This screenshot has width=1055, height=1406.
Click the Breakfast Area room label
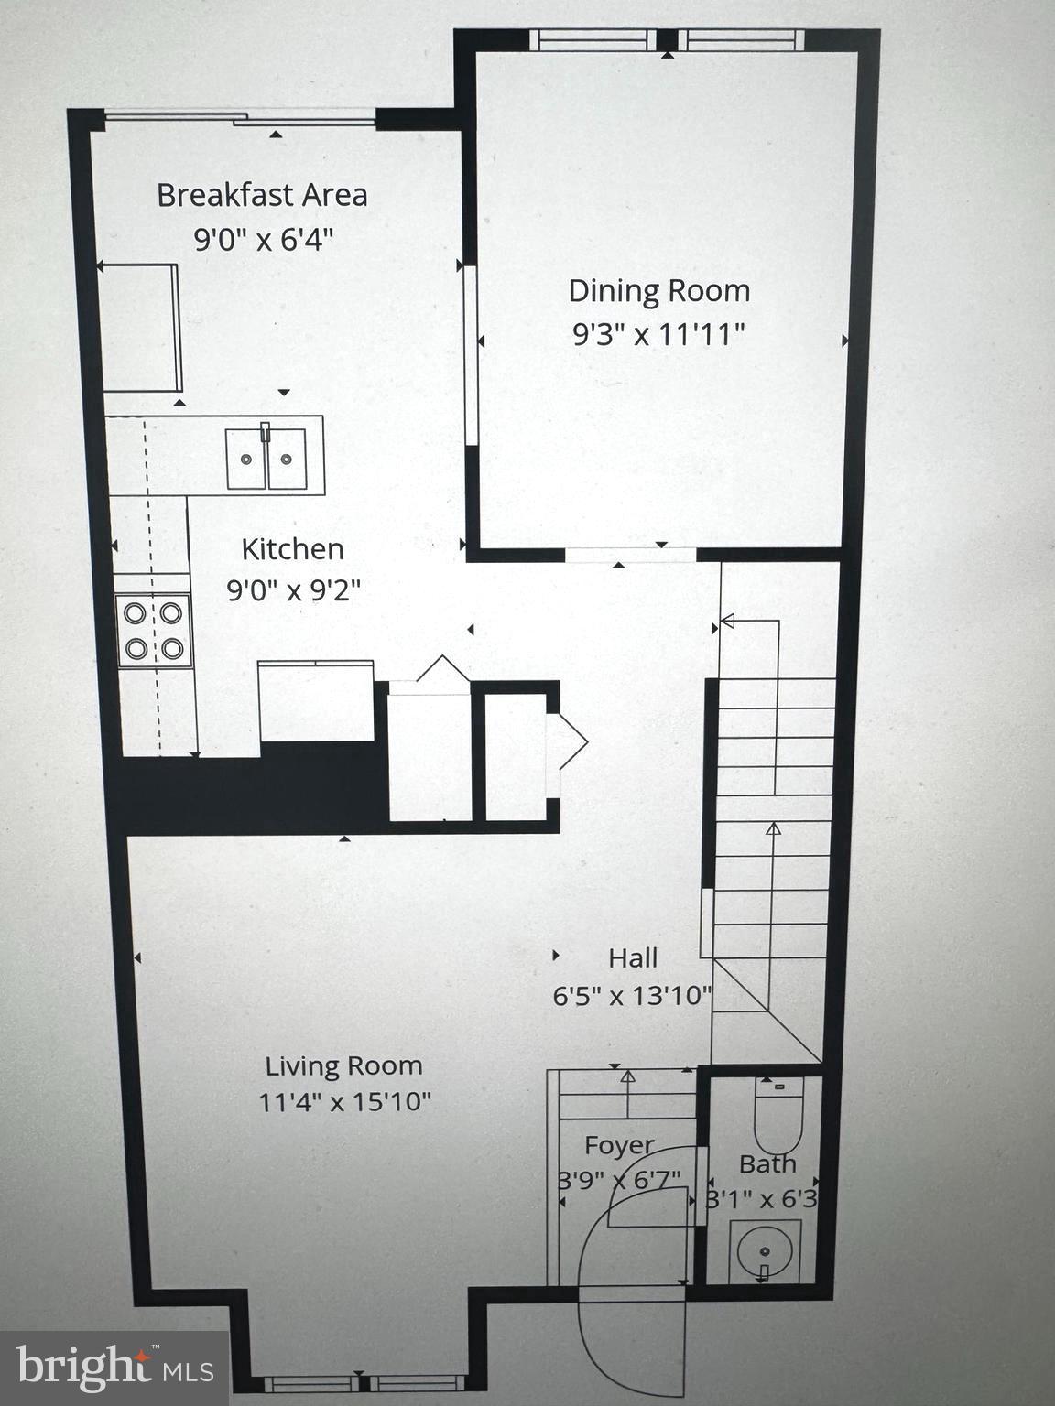coord(262,195)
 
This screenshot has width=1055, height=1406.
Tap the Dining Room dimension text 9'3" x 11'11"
coord(658,334)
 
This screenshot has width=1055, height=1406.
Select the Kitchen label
coord(293,549)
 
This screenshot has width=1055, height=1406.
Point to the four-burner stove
coord(154,630)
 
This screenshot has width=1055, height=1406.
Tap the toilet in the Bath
coord(778,1115)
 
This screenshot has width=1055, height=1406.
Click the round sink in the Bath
coord(765,1249)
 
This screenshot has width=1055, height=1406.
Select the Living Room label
coord(344,1065)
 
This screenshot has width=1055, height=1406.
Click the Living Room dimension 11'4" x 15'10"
coord(344,1101)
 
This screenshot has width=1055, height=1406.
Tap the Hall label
coord(633,958)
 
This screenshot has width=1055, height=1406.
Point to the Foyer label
coord(620,1145)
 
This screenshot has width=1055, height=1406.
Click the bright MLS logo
coord(114,1368)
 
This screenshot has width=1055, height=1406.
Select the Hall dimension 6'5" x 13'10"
coord(633,995)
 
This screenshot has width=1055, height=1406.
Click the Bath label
coord(767,1164)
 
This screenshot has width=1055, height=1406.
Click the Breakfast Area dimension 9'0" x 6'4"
coord(262,239)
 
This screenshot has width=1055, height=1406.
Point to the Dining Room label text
coord(658,291)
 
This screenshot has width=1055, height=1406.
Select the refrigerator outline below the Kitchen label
coord(316,701)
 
